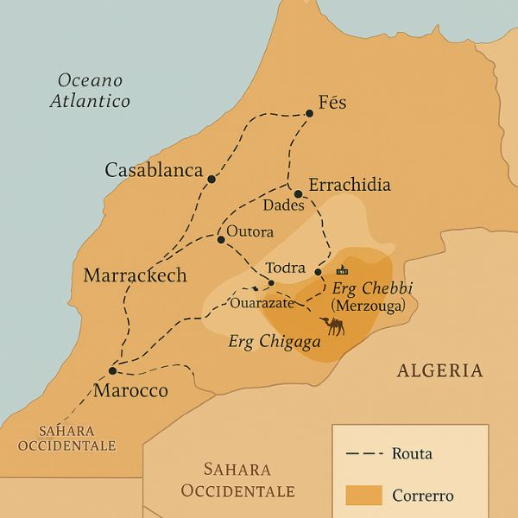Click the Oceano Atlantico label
click(90, 91)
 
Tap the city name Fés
click(332, 102)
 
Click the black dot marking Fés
click(309, 111)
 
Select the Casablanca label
click(154, 170)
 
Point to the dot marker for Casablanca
click(211, 180)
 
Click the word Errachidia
click(349, 185)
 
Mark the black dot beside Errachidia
click(298, 193)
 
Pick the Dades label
click(283, 206)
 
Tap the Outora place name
click(250, 232)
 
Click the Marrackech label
click(135, 275)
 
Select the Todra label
click(287, 268)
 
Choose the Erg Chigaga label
click(275, 342)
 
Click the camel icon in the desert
click(332, 325)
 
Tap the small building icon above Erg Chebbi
click(342, 269)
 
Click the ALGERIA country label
click(439, 370)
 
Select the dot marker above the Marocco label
click(112, 370)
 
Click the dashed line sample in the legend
click(363, 453)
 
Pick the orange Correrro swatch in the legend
click(363, 495)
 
